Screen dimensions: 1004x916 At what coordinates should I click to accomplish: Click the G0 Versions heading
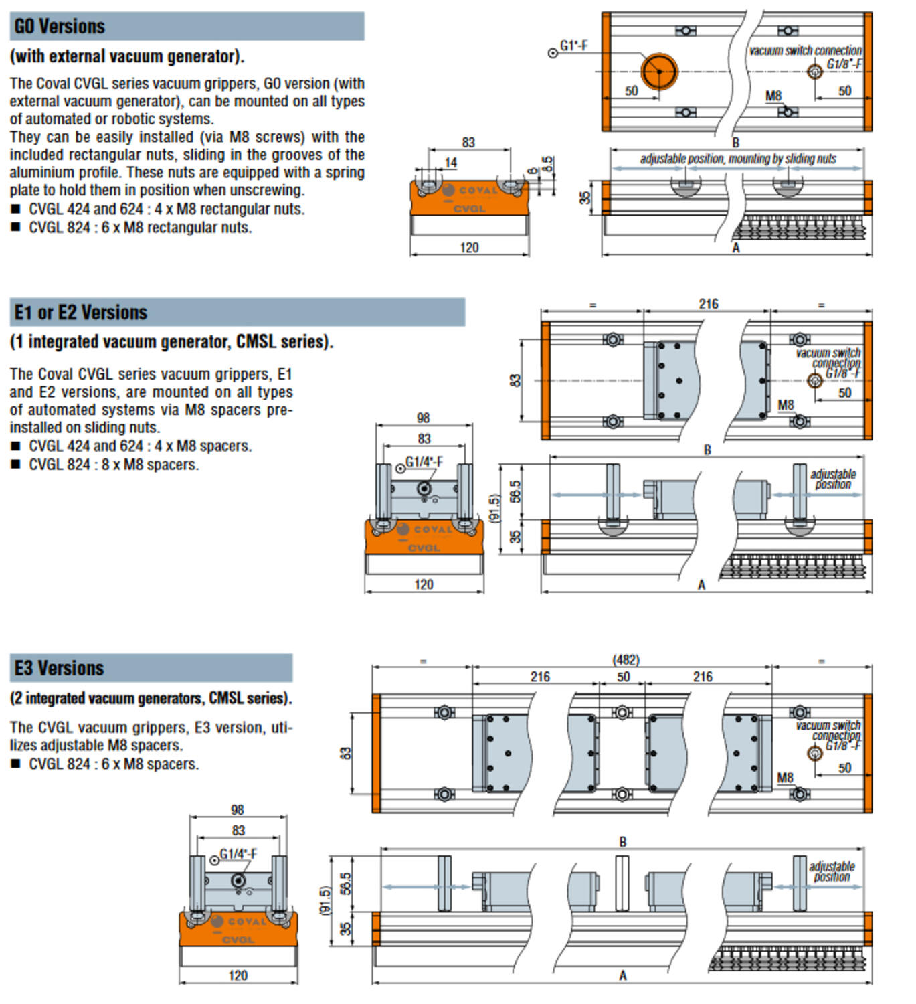coord(60,27)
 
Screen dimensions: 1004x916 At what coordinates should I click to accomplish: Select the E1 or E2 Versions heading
coord(81,313)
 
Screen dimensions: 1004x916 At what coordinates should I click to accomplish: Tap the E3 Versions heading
coord(60,668)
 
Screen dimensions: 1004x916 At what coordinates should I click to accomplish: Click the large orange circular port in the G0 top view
coord(659,71)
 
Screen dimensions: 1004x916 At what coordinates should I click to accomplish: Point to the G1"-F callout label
coord(573,46)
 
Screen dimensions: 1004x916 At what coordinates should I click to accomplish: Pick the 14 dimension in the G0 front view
coord(451,163)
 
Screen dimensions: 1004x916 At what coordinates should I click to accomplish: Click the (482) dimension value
coord(626,660)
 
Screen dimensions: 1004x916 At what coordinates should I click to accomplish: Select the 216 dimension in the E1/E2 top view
coord(709,304)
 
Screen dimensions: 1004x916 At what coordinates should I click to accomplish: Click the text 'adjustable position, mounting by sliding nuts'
coord(738,159)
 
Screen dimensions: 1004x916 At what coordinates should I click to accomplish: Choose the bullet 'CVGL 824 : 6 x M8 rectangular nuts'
coord(140,228)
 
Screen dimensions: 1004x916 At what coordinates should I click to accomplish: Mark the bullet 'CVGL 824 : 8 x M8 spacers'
coord(114,465)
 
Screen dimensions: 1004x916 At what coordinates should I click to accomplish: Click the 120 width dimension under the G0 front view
coord(469,248)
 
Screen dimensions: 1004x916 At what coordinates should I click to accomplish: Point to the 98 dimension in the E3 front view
coord(238,810)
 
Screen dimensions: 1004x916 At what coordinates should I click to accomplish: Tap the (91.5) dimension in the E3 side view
coord(326,901)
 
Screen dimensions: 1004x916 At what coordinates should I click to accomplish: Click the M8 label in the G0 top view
coord(773,96)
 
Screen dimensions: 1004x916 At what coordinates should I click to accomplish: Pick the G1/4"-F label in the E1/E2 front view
coord(424,462)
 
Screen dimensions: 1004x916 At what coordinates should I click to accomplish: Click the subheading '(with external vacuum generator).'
coord(127,56)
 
